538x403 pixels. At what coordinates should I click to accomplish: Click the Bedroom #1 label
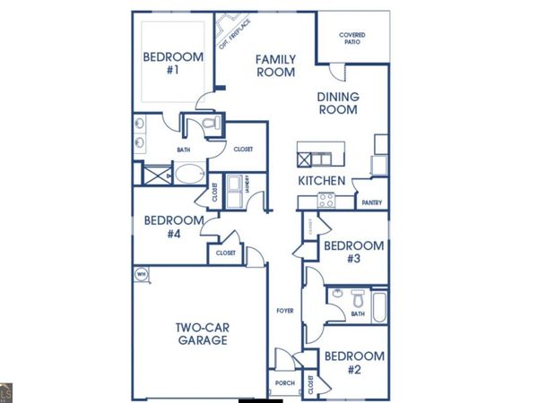167,65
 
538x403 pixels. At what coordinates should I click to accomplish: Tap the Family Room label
275,66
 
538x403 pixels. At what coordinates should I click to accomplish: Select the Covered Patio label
351,39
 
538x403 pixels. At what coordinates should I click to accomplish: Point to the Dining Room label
337,103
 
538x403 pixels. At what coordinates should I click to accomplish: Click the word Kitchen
322,181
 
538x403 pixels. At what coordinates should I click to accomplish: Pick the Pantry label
372,203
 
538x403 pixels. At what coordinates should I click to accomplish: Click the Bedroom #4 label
169,227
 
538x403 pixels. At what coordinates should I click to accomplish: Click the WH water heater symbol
141,273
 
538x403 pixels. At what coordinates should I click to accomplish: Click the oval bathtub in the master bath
187,174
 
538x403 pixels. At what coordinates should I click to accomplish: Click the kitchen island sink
313,159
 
